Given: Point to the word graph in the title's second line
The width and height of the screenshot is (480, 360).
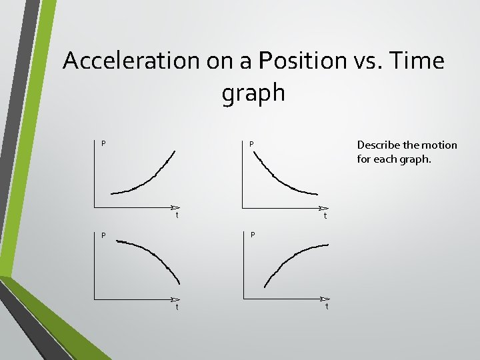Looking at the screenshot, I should [253, 93].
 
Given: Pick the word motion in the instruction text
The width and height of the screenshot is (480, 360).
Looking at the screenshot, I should [440, 145].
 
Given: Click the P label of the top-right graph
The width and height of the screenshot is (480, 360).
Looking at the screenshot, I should [251, 143].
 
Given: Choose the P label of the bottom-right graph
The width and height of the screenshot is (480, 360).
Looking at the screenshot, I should [253, 235].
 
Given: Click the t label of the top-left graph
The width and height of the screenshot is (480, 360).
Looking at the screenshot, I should [177, 215].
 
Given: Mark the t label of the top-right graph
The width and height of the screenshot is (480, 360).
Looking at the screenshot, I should [325, 216].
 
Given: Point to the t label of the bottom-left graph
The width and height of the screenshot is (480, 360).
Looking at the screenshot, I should [177, 307].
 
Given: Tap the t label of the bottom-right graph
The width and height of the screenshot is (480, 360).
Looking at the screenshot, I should [327, 307].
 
